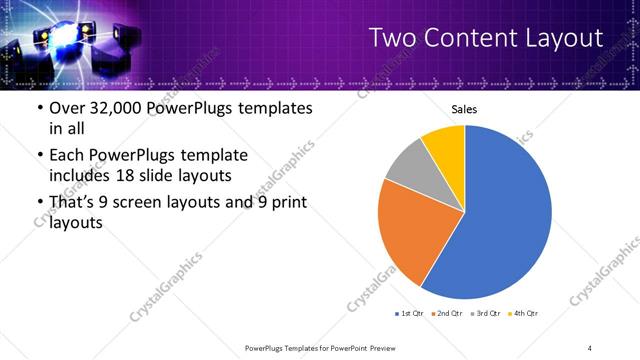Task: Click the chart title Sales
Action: pyautogui.click(x=464, y=109)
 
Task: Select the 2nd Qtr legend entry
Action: pyautogui.click(x=446, y=314)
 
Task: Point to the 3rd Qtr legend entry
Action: pyautogui.click(x=486, y=314)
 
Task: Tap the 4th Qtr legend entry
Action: pyautogui.click(x=524, y=314)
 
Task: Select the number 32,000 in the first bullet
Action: pyautogui.click(x=115, y=108)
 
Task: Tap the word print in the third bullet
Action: pyautogui.click(x=287, y=203)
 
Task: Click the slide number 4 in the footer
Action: pyautogui.click(x=590, y=347)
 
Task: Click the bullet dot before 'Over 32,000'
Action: pyautogui.click(x=40, y=109)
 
